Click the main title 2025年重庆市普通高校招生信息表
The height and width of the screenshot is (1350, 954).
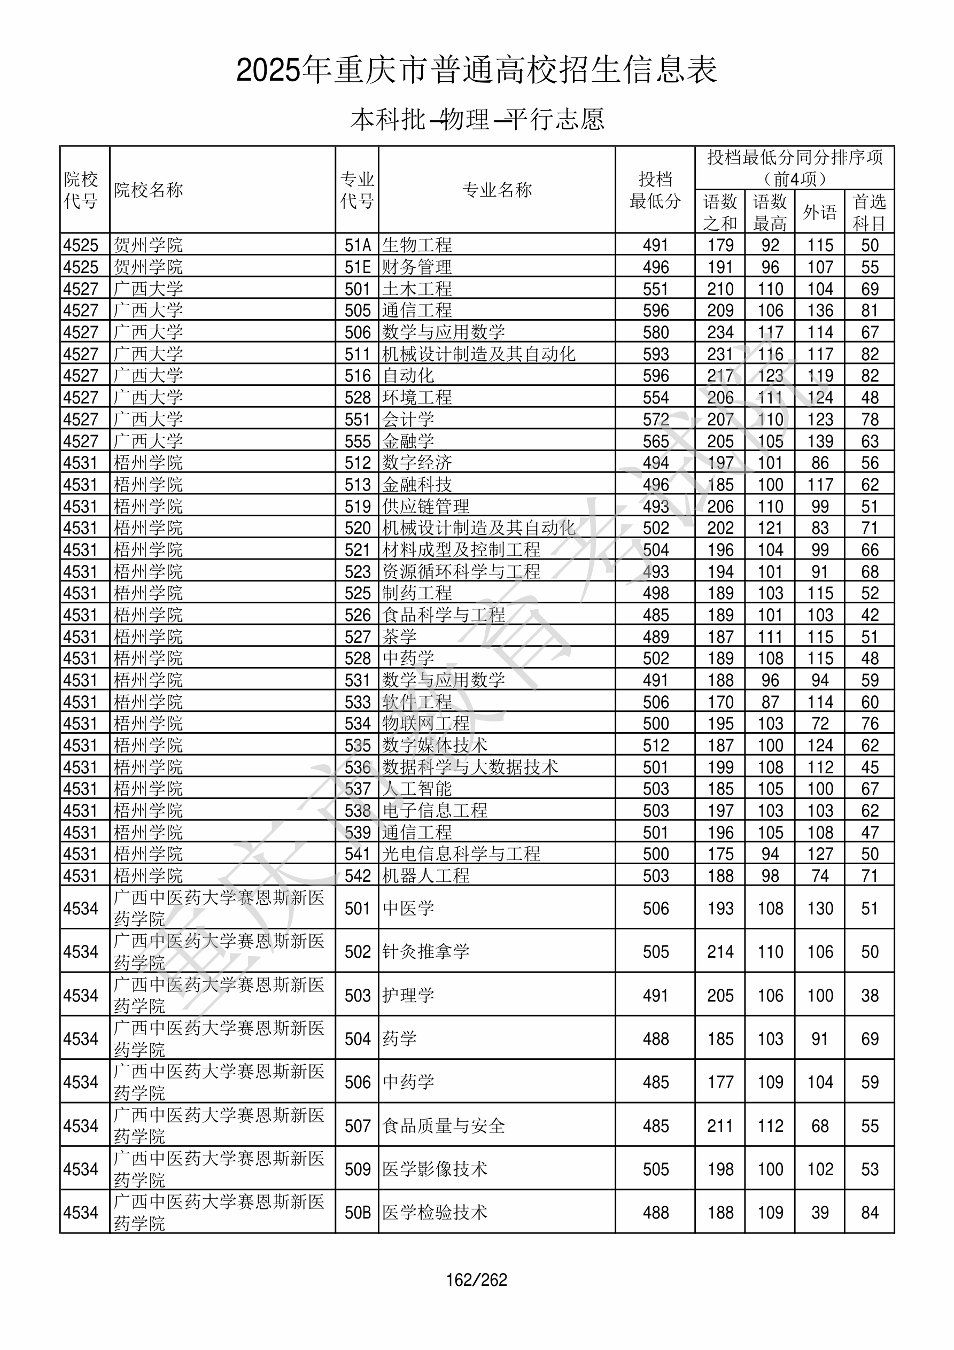click(476, 71)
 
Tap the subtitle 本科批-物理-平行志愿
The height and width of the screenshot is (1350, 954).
click(476, 120)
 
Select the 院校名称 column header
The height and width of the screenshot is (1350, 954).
click(148, 190)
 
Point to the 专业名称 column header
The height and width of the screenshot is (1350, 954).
click(497, 190)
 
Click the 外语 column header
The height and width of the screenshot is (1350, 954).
click(819, 212)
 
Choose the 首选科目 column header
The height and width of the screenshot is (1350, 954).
click(870, 212)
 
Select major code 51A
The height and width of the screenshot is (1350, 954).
click(358, 245)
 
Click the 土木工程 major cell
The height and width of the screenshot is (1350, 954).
click(417, 289)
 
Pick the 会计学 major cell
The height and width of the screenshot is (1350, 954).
click(408, 419)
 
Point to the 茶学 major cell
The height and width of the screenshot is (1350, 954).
click(399, 637)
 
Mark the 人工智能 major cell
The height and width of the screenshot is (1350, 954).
click(417, 788)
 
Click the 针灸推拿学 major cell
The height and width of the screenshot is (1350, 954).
click(426, 951)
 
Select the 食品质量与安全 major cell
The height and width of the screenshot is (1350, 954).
click(444, 1126)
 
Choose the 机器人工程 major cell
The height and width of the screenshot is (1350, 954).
click(426, 875)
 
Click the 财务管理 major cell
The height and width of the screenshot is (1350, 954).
click(417, 267)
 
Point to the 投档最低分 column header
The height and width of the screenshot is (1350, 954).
click(655, 190)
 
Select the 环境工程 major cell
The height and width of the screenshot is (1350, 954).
click(417, 398)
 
